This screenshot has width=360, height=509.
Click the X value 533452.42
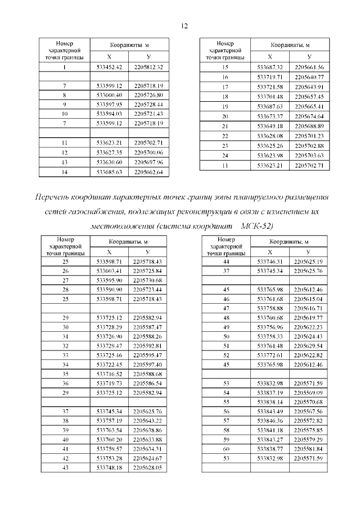(x=109, y=67)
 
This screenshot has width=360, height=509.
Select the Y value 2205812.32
(x=148, y=67)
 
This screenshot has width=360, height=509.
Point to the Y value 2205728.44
(x=148, y=105)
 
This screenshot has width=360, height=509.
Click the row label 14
(x=65, y=172)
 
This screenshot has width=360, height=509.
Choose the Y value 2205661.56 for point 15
(x=309, y=67)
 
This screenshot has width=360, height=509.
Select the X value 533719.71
(x=269, y=76)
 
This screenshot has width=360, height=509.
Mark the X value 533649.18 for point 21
(x=269, y=125)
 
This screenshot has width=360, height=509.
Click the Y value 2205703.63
(x=309, y=155)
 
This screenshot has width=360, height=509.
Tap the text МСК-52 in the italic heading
(x=256, y=226)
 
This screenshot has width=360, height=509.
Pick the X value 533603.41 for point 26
(x=109, y=271)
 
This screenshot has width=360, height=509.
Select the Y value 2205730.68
(x=147, y=280)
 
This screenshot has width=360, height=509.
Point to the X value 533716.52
(x=109, y=373)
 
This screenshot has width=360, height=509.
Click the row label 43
(x=65, y=467)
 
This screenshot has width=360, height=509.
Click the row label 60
(x=226, y=449)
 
